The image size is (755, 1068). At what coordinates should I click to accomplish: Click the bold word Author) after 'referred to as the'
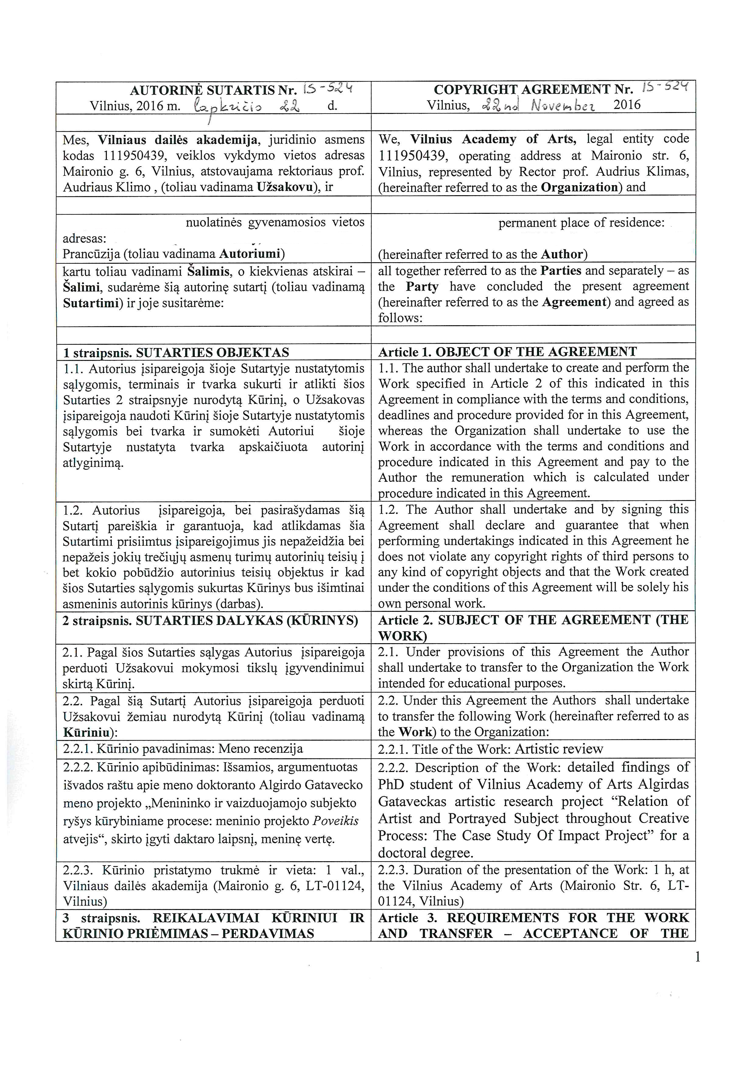tap(564, 255)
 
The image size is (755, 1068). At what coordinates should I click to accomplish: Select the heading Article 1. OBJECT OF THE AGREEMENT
tap(507, 352)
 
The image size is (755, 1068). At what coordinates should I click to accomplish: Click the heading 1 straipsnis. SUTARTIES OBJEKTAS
tap(176, 353)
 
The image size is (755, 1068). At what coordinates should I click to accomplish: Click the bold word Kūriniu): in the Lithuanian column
tap(90, 733)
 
